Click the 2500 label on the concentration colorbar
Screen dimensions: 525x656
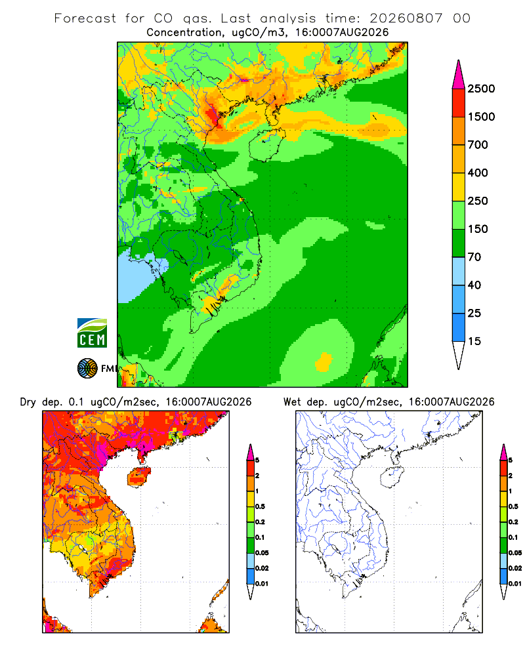(x=481, y=89)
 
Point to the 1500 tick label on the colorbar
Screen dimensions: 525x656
(x=481, y=117)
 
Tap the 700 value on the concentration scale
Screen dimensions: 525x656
(x=478, y=145)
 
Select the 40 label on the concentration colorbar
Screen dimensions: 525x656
(x=474, y=285)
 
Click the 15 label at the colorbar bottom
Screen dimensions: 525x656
(x=474, y=341)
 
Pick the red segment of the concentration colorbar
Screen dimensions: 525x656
(x=459, y=103)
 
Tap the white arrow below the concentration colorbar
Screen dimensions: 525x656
(x=459, y=355)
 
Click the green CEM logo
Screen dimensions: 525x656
(x=92, y=333)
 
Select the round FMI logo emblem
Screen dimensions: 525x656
(x=87, y=369)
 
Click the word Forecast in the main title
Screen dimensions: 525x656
(x=85, y=18)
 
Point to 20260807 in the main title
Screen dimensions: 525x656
(x=406, y=18)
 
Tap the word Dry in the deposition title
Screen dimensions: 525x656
(x=28, y=402)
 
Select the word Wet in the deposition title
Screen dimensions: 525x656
(x=292, y=402)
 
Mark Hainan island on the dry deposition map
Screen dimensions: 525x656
(x=138, y=477)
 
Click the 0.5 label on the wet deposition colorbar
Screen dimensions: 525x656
(x=513, y=506)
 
